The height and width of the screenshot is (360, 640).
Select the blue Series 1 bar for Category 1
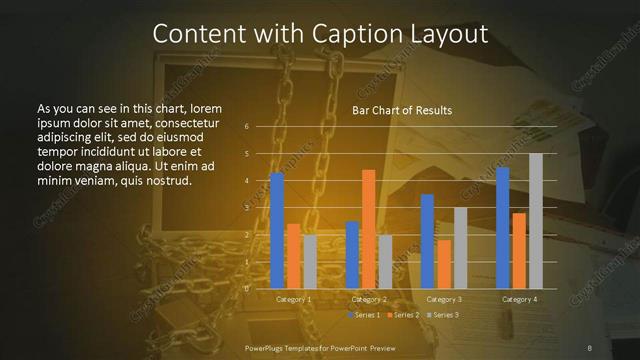[x=277, y=230]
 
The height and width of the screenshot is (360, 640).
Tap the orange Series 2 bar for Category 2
[x=369, y=228]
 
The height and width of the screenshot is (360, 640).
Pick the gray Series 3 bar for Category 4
[x=535, y=220]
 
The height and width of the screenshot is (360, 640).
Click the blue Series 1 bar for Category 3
[x=427, y=241]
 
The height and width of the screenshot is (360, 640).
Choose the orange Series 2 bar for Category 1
[x=293, y=255]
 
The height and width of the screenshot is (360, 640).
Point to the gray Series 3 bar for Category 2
[x=385, y=261]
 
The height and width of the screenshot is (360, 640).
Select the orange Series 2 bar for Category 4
[x=519, y=250]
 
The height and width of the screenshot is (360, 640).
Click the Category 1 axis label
[x=293, y=299]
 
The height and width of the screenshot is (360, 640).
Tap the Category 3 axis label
[x=444, y=299]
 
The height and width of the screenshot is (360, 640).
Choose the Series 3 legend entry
[x=445, y=315]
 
